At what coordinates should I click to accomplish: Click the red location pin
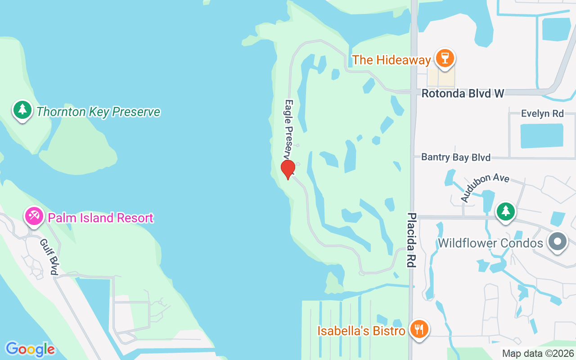288,169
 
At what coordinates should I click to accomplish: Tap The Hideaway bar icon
445,58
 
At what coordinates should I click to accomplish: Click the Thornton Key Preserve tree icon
22,110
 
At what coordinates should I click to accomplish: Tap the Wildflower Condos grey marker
558,242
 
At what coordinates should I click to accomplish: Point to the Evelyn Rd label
542,113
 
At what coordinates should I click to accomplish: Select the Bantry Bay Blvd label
456,157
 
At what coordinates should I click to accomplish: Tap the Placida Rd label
411,240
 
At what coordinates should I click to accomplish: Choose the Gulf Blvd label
49,256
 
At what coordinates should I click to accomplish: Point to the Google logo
30,349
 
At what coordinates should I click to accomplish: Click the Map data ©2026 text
538,354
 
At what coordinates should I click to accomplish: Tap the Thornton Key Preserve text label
98,112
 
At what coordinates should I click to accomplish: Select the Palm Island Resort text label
101,218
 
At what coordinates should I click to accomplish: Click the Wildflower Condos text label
490,243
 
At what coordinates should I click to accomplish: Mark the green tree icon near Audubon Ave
506,211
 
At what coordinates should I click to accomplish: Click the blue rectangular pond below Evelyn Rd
542,135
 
